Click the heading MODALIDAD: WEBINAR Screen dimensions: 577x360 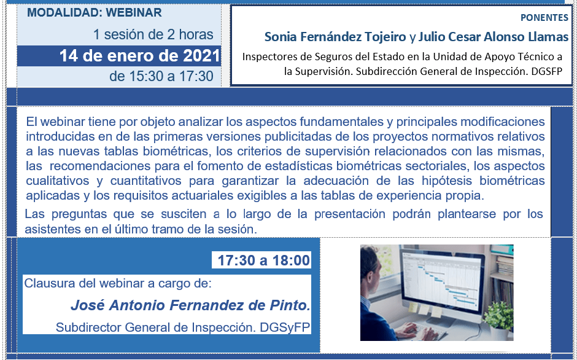[94, 12]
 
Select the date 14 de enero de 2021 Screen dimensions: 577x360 [140, 56]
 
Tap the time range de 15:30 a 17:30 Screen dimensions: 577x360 [161, 76]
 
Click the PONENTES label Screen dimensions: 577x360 [544, 18]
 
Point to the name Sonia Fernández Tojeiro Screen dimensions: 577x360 [335, 37]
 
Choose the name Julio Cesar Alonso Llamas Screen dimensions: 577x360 [494, 37]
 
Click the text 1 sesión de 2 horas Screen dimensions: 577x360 [153, 34]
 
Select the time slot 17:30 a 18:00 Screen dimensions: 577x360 [264, 260]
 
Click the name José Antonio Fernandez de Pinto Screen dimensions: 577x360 [190, 305]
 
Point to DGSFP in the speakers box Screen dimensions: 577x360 [547, 71]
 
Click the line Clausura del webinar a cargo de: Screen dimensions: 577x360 [118, 283]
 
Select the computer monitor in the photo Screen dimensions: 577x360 [441, 280]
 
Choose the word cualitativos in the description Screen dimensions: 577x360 [58, 181]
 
